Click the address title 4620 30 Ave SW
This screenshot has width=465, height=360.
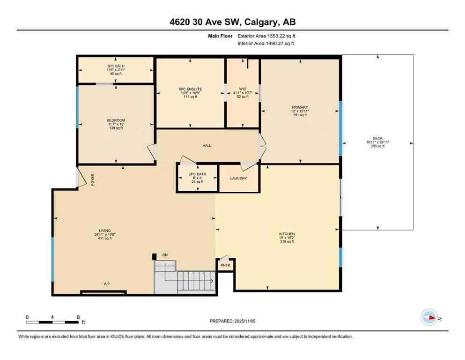[x=232, y=22]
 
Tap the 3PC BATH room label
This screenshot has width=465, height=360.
[x=116, y=66]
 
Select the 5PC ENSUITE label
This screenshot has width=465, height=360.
[x=190, y=89]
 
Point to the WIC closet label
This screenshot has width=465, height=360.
[x=242, y=89]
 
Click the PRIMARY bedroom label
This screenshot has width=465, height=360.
[x=300, y=107]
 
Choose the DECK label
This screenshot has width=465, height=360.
[x=377, y=138]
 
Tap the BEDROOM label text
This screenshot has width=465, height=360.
[x=116, y=120]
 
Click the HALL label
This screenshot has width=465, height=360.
[x=207, y=146]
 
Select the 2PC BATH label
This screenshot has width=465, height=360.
[x=197, y=174]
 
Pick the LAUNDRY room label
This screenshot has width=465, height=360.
[x=238, y=179]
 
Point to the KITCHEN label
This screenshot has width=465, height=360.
[x=287, y=234]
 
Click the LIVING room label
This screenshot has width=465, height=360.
[x=104, y=231]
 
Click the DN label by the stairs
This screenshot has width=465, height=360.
[x=165, y=255]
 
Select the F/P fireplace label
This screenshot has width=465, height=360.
[x=107, y=284]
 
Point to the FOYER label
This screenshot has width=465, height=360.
[x=93, y=179]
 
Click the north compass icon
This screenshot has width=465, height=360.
[x=429, y=317]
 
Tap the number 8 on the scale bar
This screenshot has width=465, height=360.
[x=78, y=317]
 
